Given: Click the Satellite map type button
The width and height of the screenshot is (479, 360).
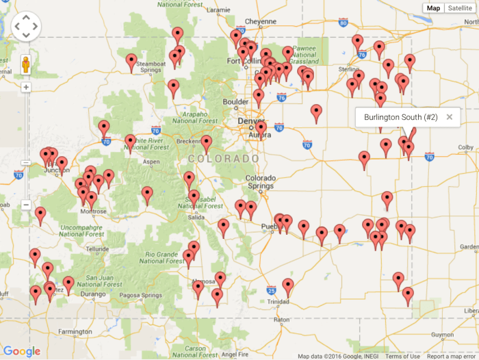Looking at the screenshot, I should (460, 8).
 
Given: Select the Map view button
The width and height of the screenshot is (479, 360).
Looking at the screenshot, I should (433, 8).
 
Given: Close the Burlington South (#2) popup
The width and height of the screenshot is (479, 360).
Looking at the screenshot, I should (450, 117).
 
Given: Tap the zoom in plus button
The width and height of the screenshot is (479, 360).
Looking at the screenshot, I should (26, 88).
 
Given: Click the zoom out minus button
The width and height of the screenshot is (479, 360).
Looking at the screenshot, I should (26, 204).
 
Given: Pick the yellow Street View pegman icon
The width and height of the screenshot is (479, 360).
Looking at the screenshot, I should (26, 64).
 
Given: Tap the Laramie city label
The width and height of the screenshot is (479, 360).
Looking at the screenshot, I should (218, 10).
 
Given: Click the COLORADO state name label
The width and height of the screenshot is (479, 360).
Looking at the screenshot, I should (224, 158).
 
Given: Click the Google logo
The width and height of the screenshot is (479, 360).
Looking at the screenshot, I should (21, 351).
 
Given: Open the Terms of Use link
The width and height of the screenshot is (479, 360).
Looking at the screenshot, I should (402, 356).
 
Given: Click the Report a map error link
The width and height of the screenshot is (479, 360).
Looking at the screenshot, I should (451, 356).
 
